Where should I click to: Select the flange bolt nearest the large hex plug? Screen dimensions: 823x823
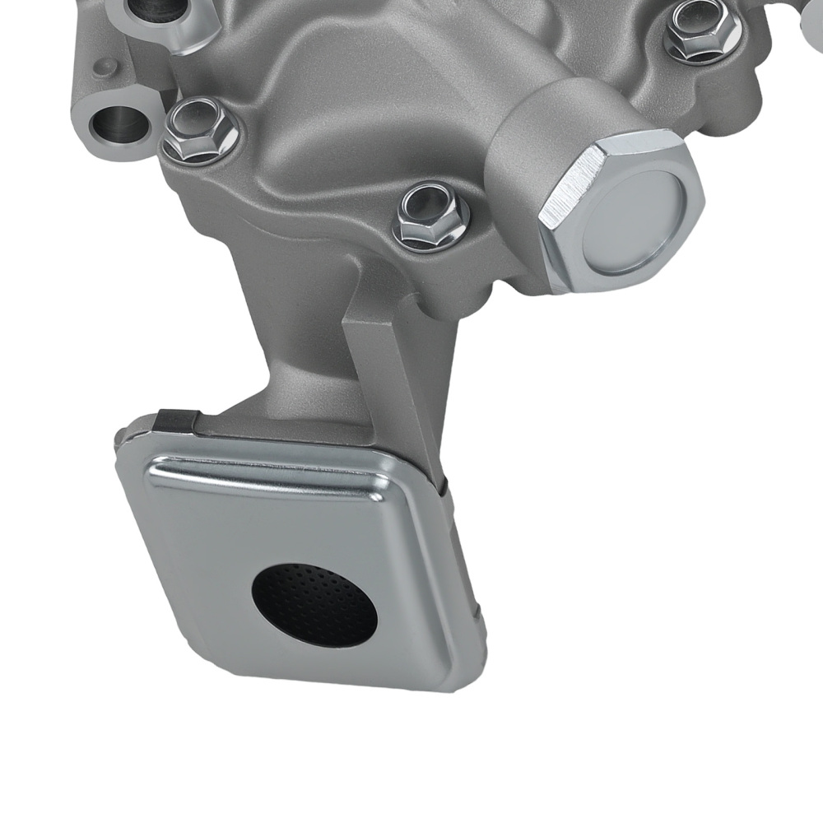tap(430, 216)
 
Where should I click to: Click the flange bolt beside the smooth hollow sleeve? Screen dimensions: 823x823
tap(200, 132)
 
